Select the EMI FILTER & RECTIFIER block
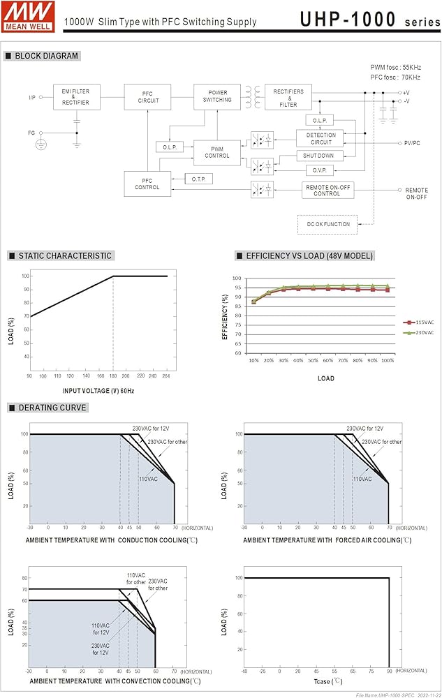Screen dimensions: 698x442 tap(76, 97)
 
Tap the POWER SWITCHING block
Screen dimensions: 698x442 tap(217, 96)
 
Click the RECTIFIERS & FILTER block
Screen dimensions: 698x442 tap(288, 97)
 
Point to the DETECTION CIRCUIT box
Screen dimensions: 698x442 tap(321, 139)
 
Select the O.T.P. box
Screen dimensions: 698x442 tap(198, 179)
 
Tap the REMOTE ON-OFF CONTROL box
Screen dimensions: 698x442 tap(327, 190)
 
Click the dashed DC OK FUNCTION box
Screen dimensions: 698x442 tap(327, 224)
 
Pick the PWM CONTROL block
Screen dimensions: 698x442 tap(217, 151)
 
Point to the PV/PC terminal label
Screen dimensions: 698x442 tap(412, 143)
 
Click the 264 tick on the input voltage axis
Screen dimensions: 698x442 tap(166, 376)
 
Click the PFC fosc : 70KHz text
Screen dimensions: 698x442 tap(395, 77)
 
